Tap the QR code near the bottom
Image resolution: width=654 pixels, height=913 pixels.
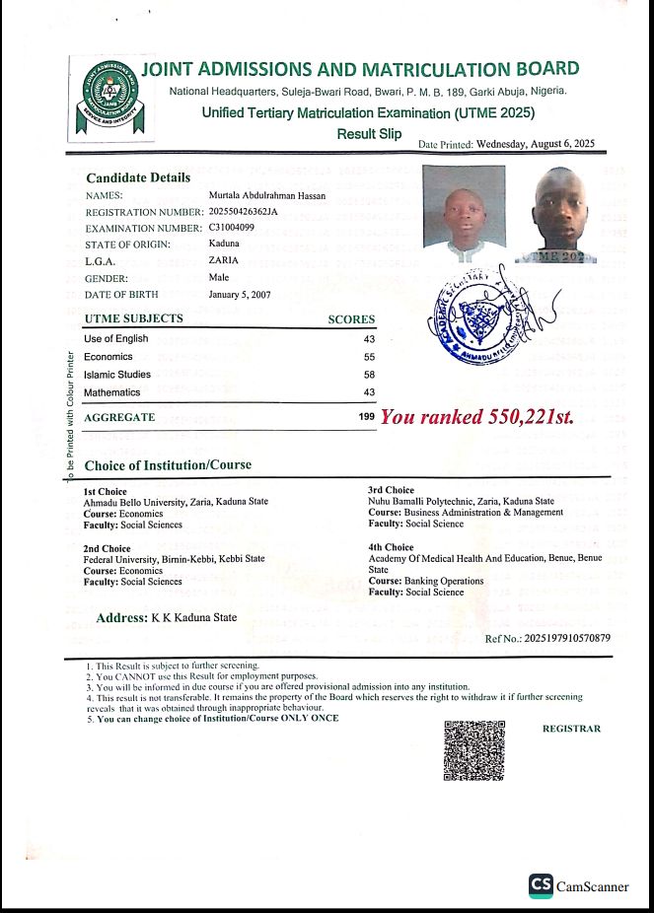click(474, 750)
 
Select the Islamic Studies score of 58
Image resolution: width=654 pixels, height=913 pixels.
click(369, 375)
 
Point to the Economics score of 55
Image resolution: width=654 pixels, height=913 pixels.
click(369, 357)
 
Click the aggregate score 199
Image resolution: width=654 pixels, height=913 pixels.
click(367, 418)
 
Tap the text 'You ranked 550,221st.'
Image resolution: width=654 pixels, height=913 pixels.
click(477, 417)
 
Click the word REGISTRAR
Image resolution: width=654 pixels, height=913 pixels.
click(571, 729)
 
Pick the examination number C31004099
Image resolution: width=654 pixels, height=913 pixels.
click(232, 228)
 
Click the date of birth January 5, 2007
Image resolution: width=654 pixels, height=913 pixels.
click(240, 295)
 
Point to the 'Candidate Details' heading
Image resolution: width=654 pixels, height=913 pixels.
click(138, 178)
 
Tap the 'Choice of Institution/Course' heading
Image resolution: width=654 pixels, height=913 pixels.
click(168, 464)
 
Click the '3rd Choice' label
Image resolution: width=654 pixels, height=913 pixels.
click(391, 490)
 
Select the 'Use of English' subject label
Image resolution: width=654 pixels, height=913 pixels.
click(116, 339)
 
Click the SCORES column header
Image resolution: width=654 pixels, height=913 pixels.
click(351, 319)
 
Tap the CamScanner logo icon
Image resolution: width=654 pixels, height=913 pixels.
click(540, 884)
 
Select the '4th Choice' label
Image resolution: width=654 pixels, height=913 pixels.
click(391, 547)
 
